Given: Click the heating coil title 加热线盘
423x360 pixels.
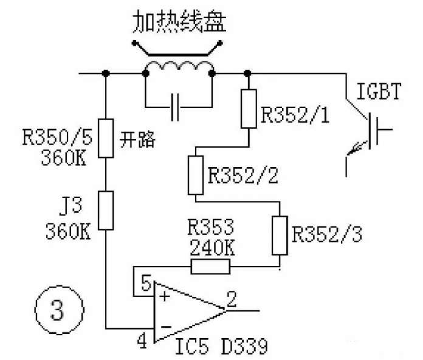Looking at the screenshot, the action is [x=179, y=21].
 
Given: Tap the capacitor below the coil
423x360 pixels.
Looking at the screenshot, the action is [x=175, y=107].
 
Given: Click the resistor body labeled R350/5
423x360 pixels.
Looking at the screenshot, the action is [x=106, y=138].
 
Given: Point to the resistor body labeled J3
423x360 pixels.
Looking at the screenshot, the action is [x=106, y=211].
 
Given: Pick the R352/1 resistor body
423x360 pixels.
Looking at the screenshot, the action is [x=249, y=109].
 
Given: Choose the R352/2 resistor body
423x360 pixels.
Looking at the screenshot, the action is [x=196, y=175].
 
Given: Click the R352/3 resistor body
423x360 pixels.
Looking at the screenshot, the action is [x=280, y=235].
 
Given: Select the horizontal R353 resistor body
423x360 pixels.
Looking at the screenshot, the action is [x=210, y=267].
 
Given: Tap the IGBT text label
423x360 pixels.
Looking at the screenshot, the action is [x=379, y=92].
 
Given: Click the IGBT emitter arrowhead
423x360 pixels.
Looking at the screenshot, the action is [x=351, y=151].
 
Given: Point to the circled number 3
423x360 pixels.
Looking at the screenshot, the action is [x=59, y=310].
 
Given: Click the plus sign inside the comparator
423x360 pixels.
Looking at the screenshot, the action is [x=164, y=297].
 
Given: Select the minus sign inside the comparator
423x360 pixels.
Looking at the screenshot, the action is [x=166, y=327].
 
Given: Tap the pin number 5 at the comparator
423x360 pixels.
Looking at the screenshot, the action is [x=146, y=283].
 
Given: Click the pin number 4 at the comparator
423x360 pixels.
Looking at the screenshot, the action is [x=142, y=341].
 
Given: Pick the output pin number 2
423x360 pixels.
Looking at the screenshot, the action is [x=232, y=299].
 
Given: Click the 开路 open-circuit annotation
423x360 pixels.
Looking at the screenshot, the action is [x=137, y=140].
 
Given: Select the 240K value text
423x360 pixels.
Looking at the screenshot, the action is [x=212, y=248].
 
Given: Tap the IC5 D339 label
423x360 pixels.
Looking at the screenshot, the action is [x=221, y=345].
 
